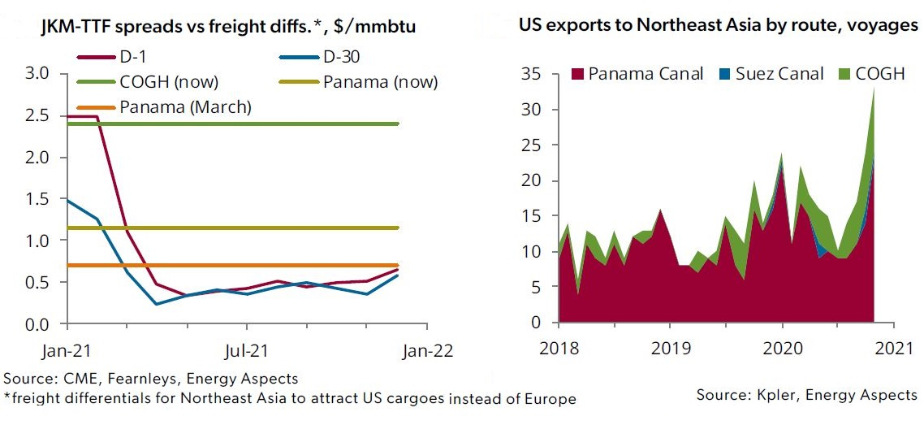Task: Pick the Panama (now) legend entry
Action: tap(357, 82)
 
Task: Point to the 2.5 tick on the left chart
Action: tap(46, 115)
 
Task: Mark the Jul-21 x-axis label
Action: tap(247, 351)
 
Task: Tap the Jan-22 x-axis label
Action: tap(427, 351)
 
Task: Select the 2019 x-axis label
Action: tap(670, 349)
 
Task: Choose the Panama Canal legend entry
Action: tap(638, 74)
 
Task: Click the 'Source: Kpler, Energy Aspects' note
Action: tap(807, 395)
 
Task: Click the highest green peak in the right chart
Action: tap(874, 89)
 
